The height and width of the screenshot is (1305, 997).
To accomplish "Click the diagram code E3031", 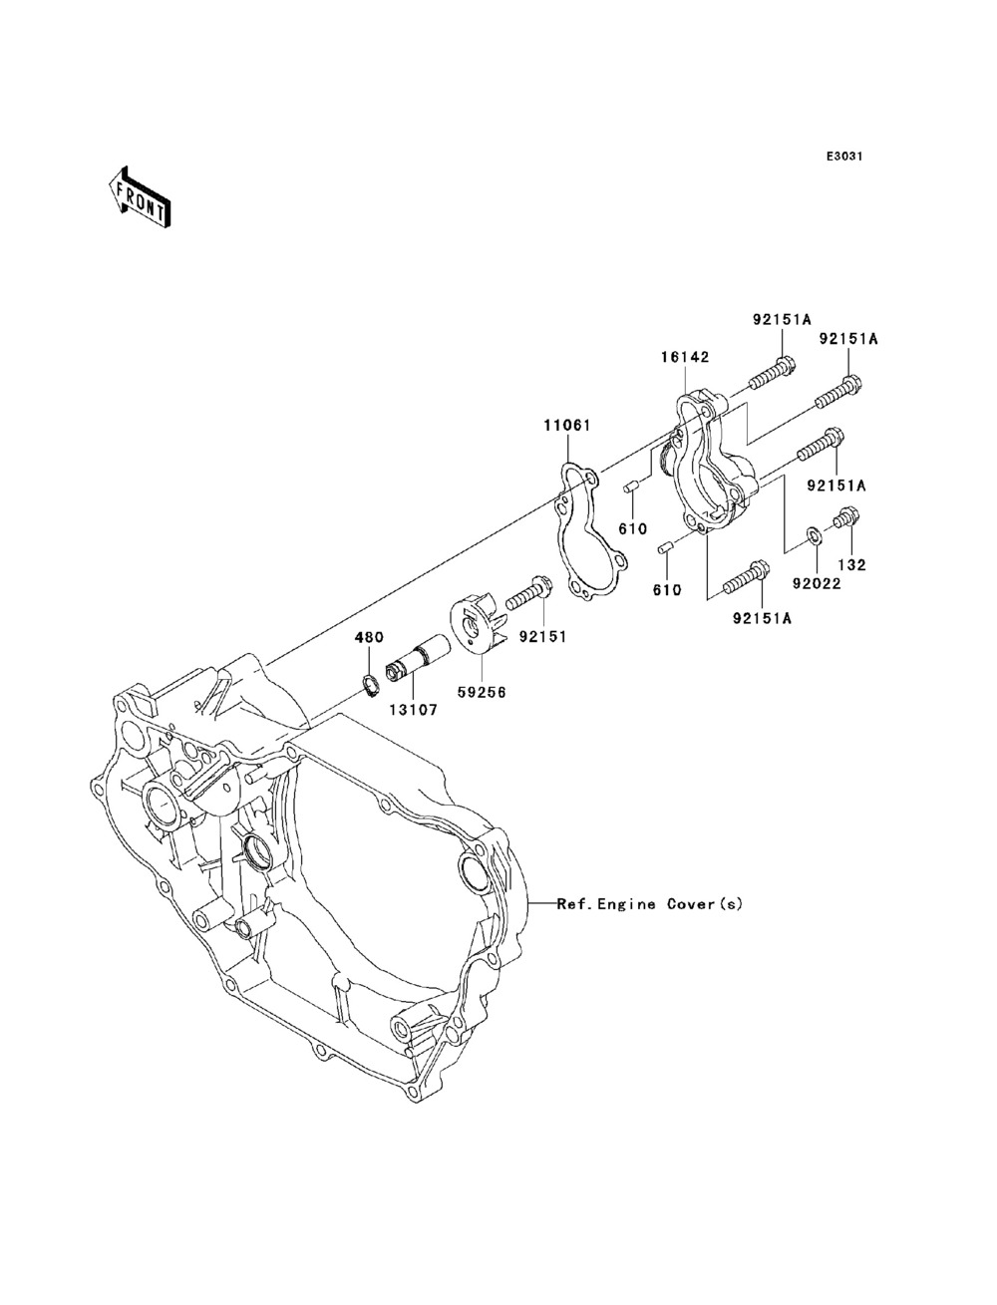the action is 844,157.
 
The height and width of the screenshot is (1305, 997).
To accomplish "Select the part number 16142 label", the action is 686,357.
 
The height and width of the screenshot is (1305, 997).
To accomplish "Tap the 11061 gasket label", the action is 566,425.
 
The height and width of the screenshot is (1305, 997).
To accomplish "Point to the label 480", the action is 369,637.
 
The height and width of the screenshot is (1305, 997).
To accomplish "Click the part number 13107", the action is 413,709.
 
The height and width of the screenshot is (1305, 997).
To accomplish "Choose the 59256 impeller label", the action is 482,692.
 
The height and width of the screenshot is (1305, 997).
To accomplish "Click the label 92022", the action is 817,584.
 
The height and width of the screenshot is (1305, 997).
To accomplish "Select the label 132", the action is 852,564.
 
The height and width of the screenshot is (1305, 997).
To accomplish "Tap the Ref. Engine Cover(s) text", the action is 650,904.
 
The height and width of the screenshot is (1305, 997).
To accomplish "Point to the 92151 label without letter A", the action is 542,637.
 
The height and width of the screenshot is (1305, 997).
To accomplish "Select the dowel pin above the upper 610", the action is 630,489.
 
